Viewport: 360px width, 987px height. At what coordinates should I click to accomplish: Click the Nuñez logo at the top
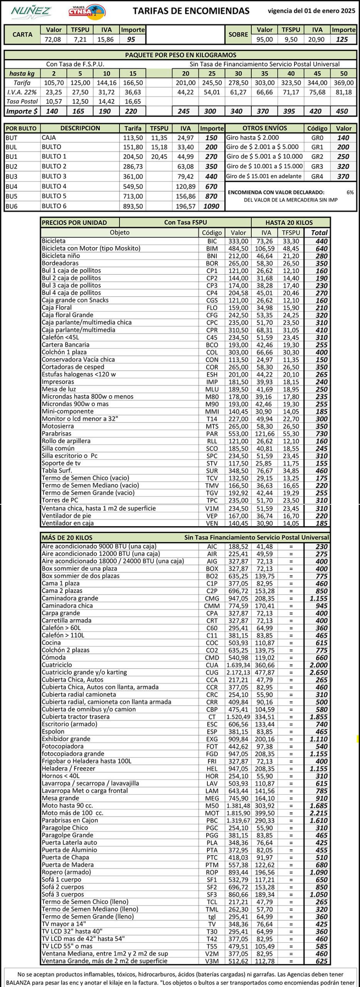pos(31,11)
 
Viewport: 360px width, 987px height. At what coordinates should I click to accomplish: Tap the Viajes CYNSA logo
pos(87,12)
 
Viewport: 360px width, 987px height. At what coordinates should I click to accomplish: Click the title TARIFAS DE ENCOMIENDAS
pos(191,11)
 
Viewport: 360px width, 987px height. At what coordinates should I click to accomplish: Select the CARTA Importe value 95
pos(131,39)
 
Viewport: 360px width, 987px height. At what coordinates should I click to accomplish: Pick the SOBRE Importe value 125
pos(342,39)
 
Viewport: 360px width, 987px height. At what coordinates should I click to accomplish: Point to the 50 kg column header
pos(343,73)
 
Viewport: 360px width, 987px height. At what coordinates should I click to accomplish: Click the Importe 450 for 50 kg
pos(342,111)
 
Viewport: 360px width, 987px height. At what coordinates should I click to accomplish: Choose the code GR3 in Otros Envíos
pos(317,167)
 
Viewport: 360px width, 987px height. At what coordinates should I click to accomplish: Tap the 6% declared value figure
pos(350,192)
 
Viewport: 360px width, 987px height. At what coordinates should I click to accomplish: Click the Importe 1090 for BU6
pos(211,206)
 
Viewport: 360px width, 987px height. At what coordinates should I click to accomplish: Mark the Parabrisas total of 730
pos(321,434)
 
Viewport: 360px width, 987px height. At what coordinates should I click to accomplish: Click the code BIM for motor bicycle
pos(212,249)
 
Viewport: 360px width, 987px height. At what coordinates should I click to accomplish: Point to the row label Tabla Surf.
pos(57,470)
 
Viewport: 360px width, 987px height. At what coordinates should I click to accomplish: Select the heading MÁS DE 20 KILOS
pos(67,537)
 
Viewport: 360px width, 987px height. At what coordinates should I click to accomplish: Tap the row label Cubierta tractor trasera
pos(76,717)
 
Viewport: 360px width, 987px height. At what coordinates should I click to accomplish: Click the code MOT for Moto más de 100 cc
pos(212,813)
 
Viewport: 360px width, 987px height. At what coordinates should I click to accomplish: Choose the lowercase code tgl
pos(212,917)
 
